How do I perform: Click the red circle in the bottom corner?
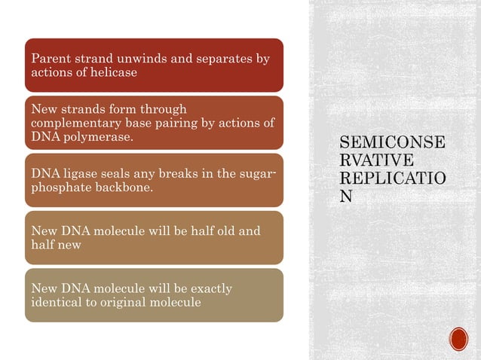coord(458,339)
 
